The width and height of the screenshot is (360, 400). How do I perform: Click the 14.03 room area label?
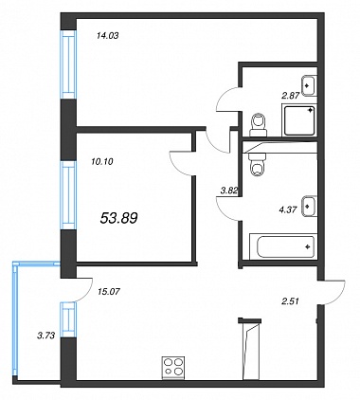107,36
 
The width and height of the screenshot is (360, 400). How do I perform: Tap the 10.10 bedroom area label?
102,162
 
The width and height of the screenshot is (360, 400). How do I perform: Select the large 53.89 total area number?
118,218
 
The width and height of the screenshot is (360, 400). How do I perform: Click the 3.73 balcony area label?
46,336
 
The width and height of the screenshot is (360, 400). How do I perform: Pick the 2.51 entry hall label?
290,301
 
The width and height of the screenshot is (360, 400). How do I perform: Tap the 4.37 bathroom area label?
288,209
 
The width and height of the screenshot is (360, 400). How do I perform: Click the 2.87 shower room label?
290,96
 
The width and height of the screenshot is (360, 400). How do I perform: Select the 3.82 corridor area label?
229,190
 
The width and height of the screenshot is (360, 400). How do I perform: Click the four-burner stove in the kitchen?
173,367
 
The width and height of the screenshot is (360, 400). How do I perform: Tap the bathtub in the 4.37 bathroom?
283,246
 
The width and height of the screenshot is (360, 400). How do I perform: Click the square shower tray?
299,120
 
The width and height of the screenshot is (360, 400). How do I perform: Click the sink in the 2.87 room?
309,85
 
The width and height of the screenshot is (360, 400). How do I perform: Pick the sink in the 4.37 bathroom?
309,207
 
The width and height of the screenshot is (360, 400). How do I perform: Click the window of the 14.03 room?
68,64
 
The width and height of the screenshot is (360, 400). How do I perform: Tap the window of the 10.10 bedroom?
68,195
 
